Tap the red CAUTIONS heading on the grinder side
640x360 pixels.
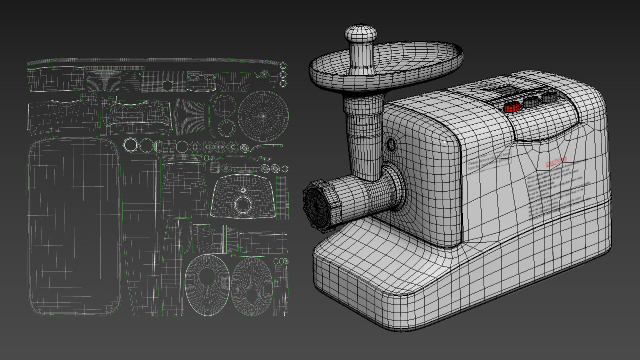556,162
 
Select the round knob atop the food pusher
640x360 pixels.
360,33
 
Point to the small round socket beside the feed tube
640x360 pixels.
391,145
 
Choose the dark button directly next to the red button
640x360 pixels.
531,102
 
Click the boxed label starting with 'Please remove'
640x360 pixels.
488,161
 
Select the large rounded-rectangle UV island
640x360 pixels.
74,227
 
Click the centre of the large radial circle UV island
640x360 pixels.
263,116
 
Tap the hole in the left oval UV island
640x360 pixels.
207,276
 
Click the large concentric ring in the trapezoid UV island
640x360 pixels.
243,204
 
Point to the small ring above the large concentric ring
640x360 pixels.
243,190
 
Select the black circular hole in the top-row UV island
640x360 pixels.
167,86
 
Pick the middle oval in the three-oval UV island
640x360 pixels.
201,77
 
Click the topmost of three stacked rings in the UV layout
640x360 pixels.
283,66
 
